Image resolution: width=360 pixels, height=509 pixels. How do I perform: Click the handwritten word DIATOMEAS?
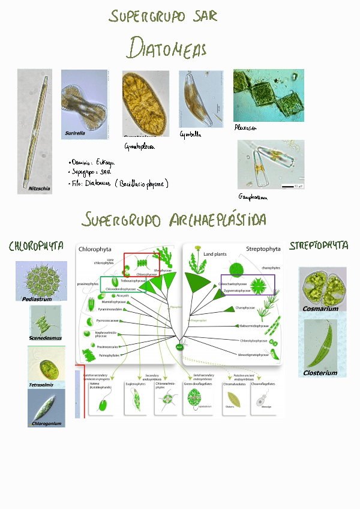click(x=167, y=49)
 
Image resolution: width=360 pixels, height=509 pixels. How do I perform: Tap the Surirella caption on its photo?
click(x=75, y=133)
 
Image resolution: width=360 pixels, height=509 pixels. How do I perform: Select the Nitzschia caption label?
click(x=40, y=188)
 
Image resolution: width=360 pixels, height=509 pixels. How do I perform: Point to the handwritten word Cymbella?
click(x=190, y=135)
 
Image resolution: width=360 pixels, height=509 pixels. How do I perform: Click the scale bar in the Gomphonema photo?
click(x=287, y=187)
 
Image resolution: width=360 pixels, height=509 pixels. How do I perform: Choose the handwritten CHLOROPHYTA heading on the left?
click(x=36, y=246)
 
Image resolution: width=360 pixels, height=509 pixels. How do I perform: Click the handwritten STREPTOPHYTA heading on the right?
click(x=319, y=245)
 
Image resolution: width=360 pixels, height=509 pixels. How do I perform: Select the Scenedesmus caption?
click(x=45, y=338)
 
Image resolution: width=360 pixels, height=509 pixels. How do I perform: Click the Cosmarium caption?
click(x=320, y=309)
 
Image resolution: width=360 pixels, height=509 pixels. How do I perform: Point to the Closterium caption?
click(x=320, y=373)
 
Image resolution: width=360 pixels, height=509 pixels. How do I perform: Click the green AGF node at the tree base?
click(x=179, y=347)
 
